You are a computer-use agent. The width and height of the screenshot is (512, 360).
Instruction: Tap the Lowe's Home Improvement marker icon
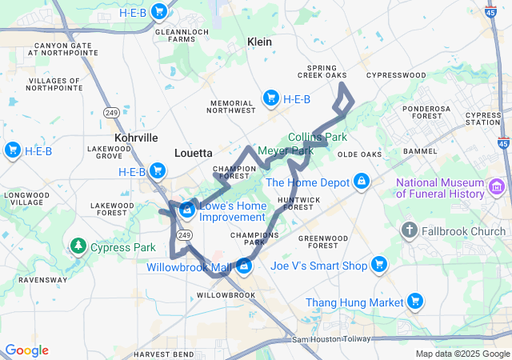186,210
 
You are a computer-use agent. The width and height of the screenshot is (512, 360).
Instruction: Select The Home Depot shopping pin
362,182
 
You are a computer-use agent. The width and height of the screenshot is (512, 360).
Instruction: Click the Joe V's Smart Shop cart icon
379,266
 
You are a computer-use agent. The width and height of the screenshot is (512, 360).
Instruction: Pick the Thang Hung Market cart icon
414,302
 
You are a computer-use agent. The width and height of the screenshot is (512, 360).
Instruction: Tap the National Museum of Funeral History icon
498,187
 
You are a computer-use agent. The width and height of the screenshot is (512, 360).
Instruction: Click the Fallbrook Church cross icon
409,231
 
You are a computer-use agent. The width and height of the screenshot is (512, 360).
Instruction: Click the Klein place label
260,42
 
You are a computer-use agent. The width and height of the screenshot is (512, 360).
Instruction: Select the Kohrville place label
136,138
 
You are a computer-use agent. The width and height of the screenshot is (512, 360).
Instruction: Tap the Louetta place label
194,152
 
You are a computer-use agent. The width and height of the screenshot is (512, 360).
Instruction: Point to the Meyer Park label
286,150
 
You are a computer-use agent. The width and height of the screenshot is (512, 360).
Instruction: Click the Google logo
26,350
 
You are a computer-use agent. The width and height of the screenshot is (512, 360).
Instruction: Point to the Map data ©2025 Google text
461,354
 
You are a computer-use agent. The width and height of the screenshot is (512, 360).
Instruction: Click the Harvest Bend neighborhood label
163,354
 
